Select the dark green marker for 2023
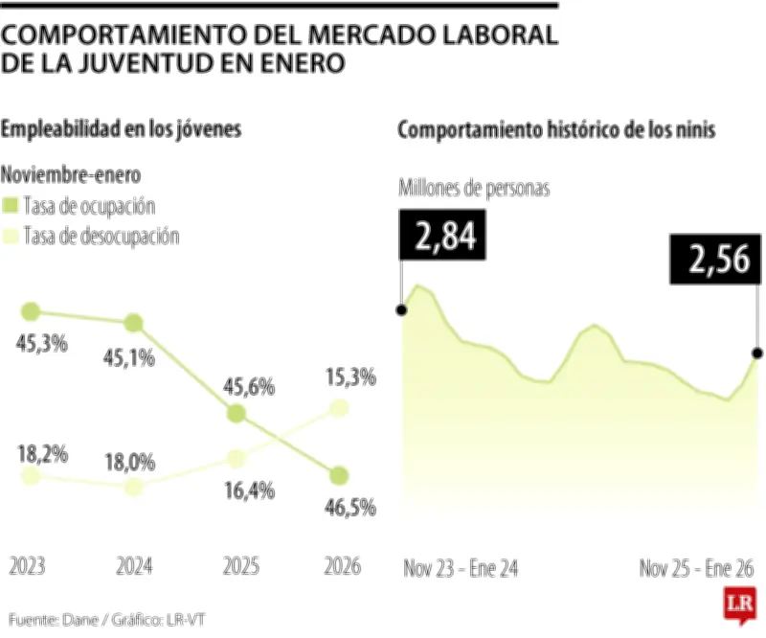tap(31, 311)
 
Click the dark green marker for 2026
tap(339, 475)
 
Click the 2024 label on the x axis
tap(134, 567)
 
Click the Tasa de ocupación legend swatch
tap(11, 206)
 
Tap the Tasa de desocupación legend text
tap(101, 236)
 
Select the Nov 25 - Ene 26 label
tap(696, 568)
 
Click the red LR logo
tap(738, 605)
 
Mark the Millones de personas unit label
tap(474, 188)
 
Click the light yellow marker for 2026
tap(339, 409)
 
